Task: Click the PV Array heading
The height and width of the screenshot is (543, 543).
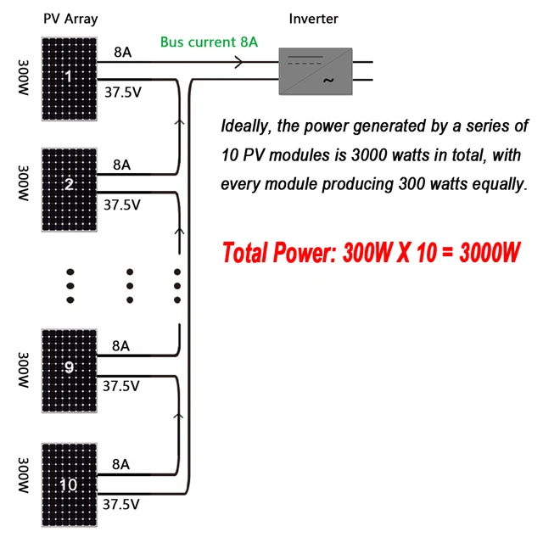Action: tap(70, 19)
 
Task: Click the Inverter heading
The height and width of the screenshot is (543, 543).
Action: tap(312, 19)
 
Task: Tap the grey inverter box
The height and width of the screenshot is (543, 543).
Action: tap(316, 70)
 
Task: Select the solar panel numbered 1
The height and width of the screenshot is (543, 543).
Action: tap(70, 77)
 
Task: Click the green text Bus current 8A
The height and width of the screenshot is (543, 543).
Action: tap(209, 42)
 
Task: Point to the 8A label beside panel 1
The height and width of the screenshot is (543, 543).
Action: tap(122, 52)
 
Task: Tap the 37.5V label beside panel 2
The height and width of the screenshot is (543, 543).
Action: tap(122, 204)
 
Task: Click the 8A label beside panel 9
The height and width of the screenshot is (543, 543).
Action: tap(121, 345)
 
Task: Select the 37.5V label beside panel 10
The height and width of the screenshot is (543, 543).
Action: tap(121, 503)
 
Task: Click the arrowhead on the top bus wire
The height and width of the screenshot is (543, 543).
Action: tap(238, 62)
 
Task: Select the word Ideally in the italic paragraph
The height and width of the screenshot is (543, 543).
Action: tap(245, 127)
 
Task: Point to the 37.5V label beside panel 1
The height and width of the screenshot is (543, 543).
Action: tap(122, 92)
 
